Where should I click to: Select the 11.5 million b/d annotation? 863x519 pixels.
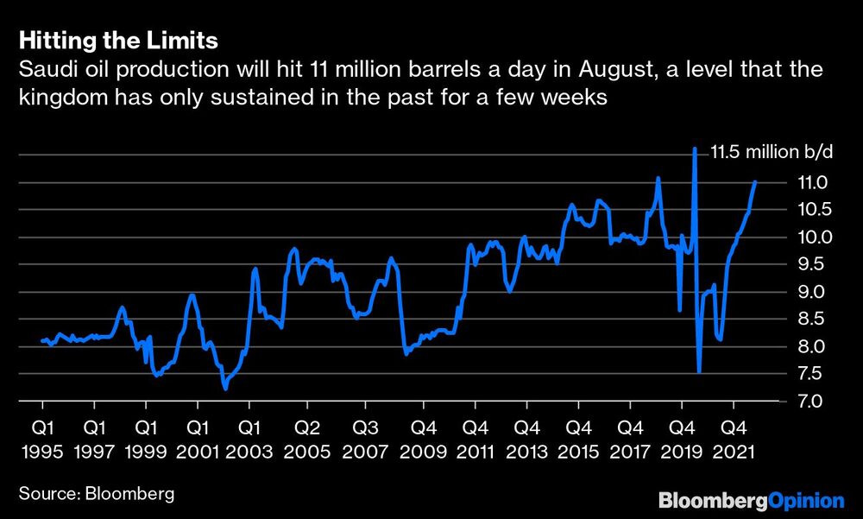772,153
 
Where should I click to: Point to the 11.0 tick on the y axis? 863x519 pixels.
809,182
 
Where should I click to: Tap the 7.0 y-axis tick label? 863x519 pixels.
809,402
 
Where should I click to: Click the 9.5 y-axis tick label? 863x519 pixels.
809,264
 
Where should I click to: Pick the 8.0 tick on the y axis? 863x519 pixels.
809,347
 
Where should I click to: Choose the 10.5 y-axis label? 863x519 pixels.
809,210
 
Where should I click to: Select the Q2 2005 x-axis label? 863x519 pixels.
307,439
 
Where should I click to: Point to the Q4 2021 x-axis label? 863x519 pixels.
734,439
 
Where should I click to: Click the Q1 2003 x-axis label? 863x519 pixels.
250,439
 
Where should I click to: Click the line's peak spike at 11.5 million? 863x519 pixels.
695,150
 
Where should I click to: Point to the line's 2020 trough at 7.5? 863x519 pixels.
698,371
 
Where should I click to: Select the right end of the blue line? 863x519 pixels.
756,182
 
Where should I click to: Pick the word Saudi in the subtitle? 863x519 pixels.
44,70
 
